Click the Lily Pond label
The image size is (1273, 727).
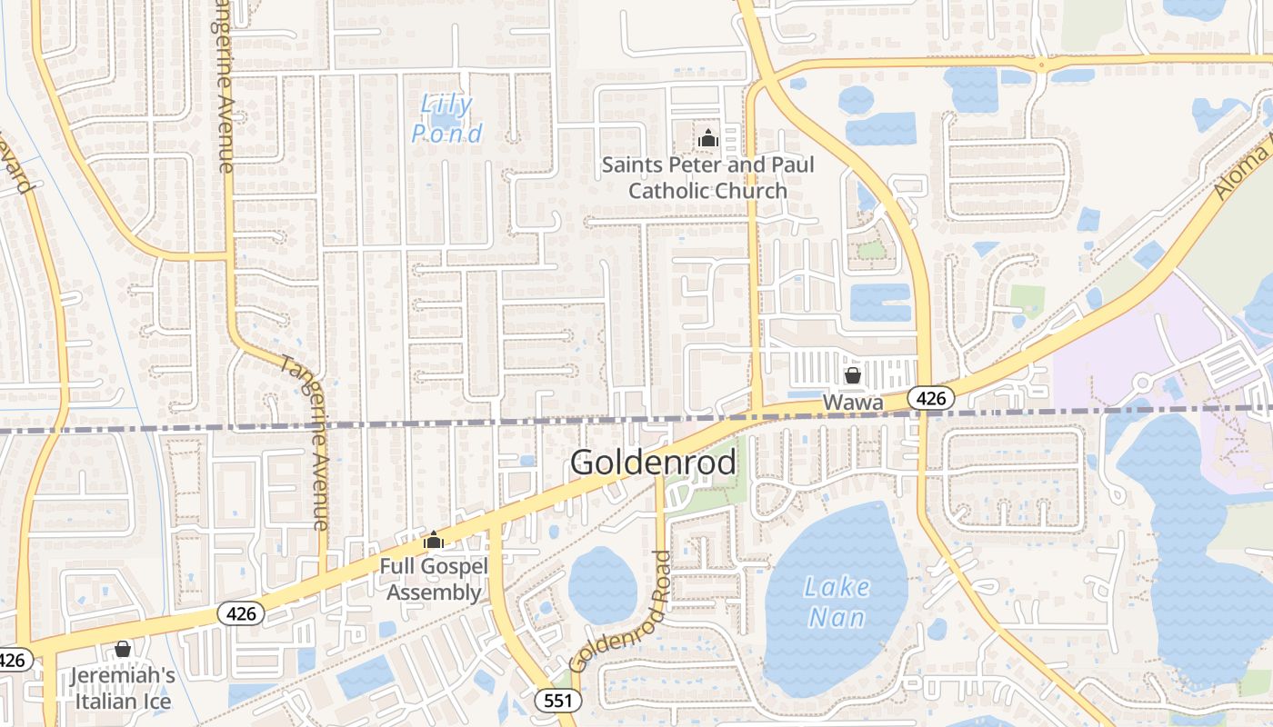click(447, 119)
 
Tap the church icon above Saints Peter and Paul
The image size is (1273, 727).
click(707, 139)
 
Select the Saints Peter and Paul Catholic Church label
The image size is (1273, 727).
click(707, 178)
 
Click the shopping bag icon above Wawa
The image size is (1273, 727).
click(853, 375)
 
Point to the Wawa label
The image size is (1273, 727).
click(853, 401)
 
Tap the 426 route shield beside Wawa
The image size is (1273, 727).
click(930, 397)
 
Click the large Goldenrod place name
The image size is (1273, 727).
click(653, 463)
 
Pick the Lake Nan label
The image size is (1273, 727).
click(837, 602)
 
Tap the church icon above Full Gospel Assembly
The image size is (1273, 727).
click(433, 541)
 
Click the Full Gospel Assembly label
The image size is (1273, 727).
click(433, 580)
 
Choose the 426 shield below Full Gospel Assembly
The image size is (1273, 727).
click(241, 613)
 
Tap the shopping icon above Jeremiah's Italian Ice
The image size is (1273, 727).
click(123, 649)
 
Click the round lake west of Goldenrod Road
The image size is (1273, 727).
click(602, 585)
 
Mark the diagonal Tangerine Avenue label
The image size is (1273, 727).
click(305, 441)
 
